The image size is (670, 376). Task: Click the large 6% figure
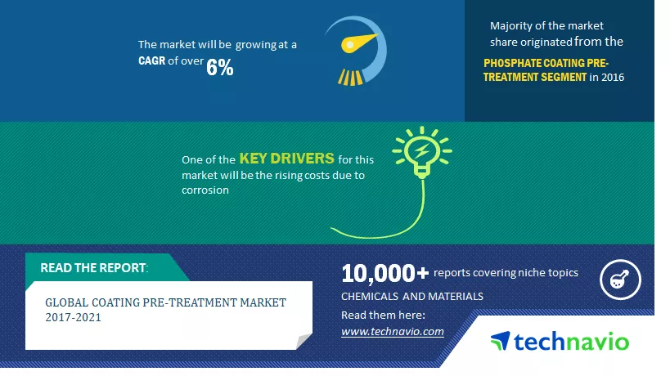[219, 67]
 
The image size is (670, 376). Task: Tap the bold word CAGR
[151, 61]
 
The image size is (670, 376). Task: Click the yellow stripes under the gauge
[350, 78]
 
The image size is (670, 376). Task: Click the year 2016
[613, 78]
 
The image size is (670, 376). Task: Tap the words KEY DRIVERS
[286, 159]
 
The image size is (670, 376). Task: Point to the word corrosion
[205, 190]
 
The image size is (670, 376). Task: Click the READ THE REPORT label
[94, 267]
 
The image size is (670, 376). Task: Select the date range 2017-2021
[73, 317]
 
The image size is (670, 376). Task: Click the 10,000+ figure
[384, 273]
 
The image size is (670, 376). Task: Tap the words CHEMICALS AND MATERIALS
[412, 296]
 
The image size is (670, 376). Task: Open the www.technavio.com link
[392, 332]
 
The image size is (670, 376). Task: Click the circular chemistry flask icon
[620, 280]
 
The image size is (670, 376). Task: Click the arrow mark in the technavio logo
[501, 341]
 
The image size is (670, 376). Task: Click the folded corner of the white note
[304, 341]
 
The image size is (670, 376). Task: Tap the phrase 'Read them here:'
[383, 316]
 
